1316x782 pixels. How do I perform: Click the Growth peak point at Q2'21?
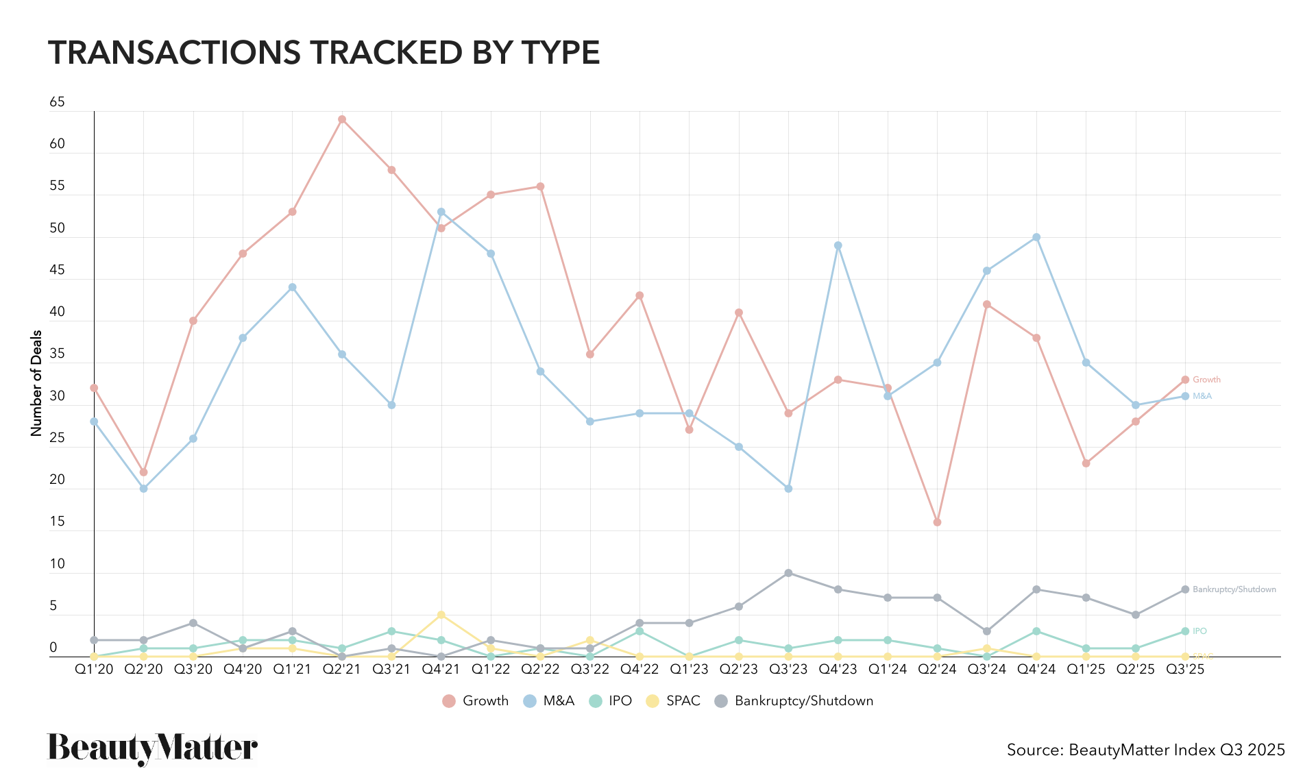click(342, 119)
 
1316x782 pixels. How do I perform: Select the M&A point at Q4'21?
click(441, 212)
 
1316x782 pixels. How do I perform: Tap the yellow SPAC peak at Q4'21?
click(441, 615)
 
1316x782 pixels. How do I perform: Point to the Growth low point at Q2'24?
click(937, 522)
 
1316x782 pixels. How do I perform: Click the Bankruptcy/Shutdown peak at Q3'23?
click(788, 573)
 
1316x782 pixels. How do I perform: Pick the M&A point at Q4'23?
click(838, 245)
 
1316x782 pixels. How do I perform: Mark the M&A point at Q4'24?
click(1036, 237)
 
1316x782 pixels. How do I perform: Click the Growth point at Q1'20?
click(94, 388)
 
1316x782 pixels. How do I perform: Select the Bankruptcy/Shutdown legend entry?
click(794, 701)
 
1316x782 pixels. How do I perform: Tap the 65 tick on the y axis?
click(57, 102)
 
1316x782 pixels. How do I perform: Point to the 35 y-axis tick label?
click(57, 354)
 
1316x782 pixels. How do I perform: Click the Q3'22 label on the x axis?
click(590, 670)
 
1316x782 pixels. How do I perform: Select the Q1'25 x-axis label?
click(1086, 670)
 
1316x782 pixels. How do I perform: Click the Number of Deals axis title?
click(37, 383)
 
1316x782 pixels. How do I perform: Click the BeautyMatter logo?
click(152, 748)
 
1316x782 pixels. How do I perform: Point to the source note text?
click(1145, 750)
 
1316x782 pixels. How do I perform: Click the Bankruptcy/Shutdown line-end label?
click(1234, 589)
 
